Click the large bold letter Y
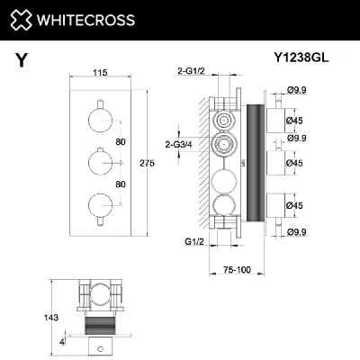click(x=21, y=61)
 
